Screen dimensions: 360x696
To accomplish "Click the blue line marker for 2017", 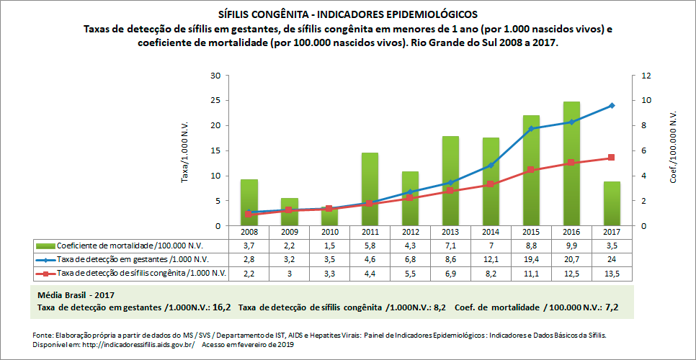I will tap(612, 106).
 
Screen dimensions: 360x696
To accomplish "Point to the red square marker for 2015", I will tap(531, 170).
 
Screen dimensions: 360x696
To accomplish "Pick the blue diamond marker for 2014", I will tap(491, 166).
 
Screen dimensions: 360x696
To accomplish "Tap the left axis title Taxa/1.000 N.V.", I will tap(186, 151).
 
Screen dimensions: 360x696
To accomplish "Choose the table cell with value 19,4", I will tap(531, 259).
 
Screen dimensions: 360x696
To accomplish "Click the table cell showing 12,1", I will tap(491, 259).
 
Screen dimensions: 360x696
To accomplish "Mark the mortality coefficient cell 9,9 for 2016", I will tap(571, 246).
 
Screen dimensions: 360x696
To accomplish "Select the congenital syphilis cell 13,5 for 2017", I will tap(612, 273).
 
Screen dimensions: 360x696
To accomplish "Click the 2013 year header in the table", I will tap(450, 233).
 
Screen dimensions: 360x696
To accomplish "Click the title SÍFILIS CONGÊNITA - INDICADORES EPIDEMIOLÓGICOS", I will tap(347, 14).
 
